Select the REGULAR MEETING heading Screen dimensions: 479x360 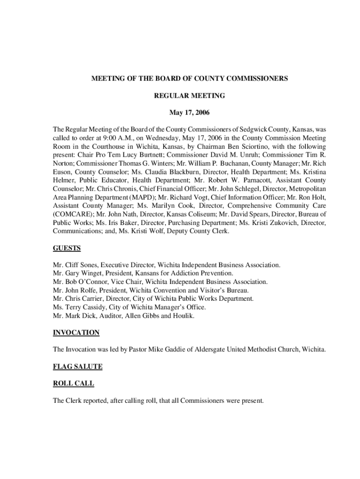[x=189, y=96]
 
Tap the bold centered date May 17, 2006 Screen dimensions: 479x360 [x=189, y=113]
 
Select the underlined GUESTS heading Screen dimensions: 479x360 [x=67, y=248]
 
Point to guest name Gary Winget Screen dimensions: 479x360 [x=84, y=273]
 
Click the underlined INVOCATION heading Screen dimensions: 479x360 [x=76, y=332]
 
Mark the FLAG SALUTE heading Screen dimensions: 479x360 [x=78, y=366]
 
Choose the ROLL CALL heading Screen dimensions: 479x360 [x=73, y=383]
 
